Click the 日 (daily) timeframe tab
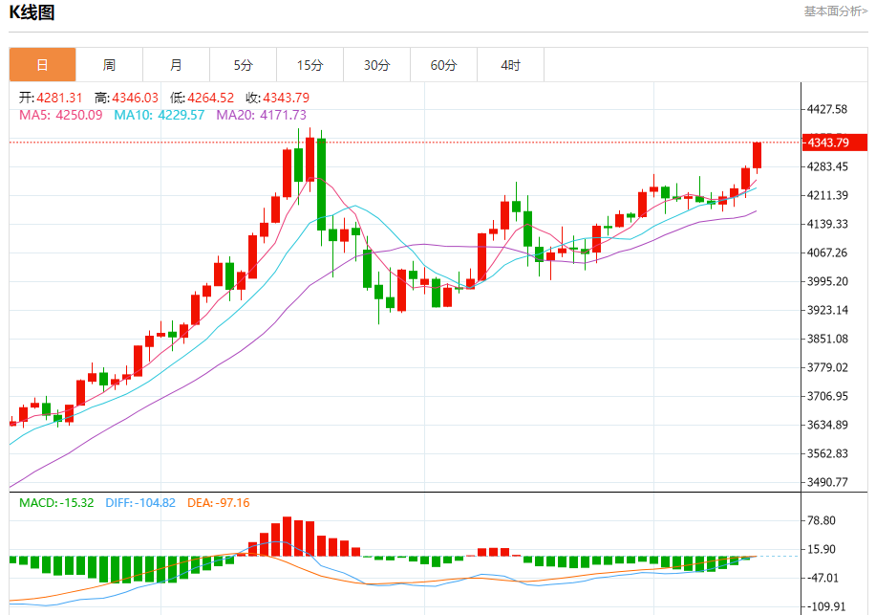coord(42,65)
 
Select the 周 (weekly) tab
coord(109,65)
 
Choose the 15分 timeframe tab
coord(310,65)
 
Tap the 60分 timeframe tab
coord(443,65)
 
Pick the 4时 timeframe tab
coord(510,65)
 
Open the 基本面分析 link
coord(835,11)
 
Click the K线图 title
coord(32,12)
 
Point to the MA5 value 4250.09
coord(61,115)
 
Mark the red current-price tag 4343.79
coord(833,143)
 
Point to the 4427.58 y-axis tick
coord(827,109)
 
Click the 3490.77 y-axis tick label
coord(827,482)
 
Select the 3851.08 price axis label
coord(827,339)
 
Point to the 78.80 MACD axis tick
coord(822,520)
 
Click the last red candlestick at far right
coord(757,156)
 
